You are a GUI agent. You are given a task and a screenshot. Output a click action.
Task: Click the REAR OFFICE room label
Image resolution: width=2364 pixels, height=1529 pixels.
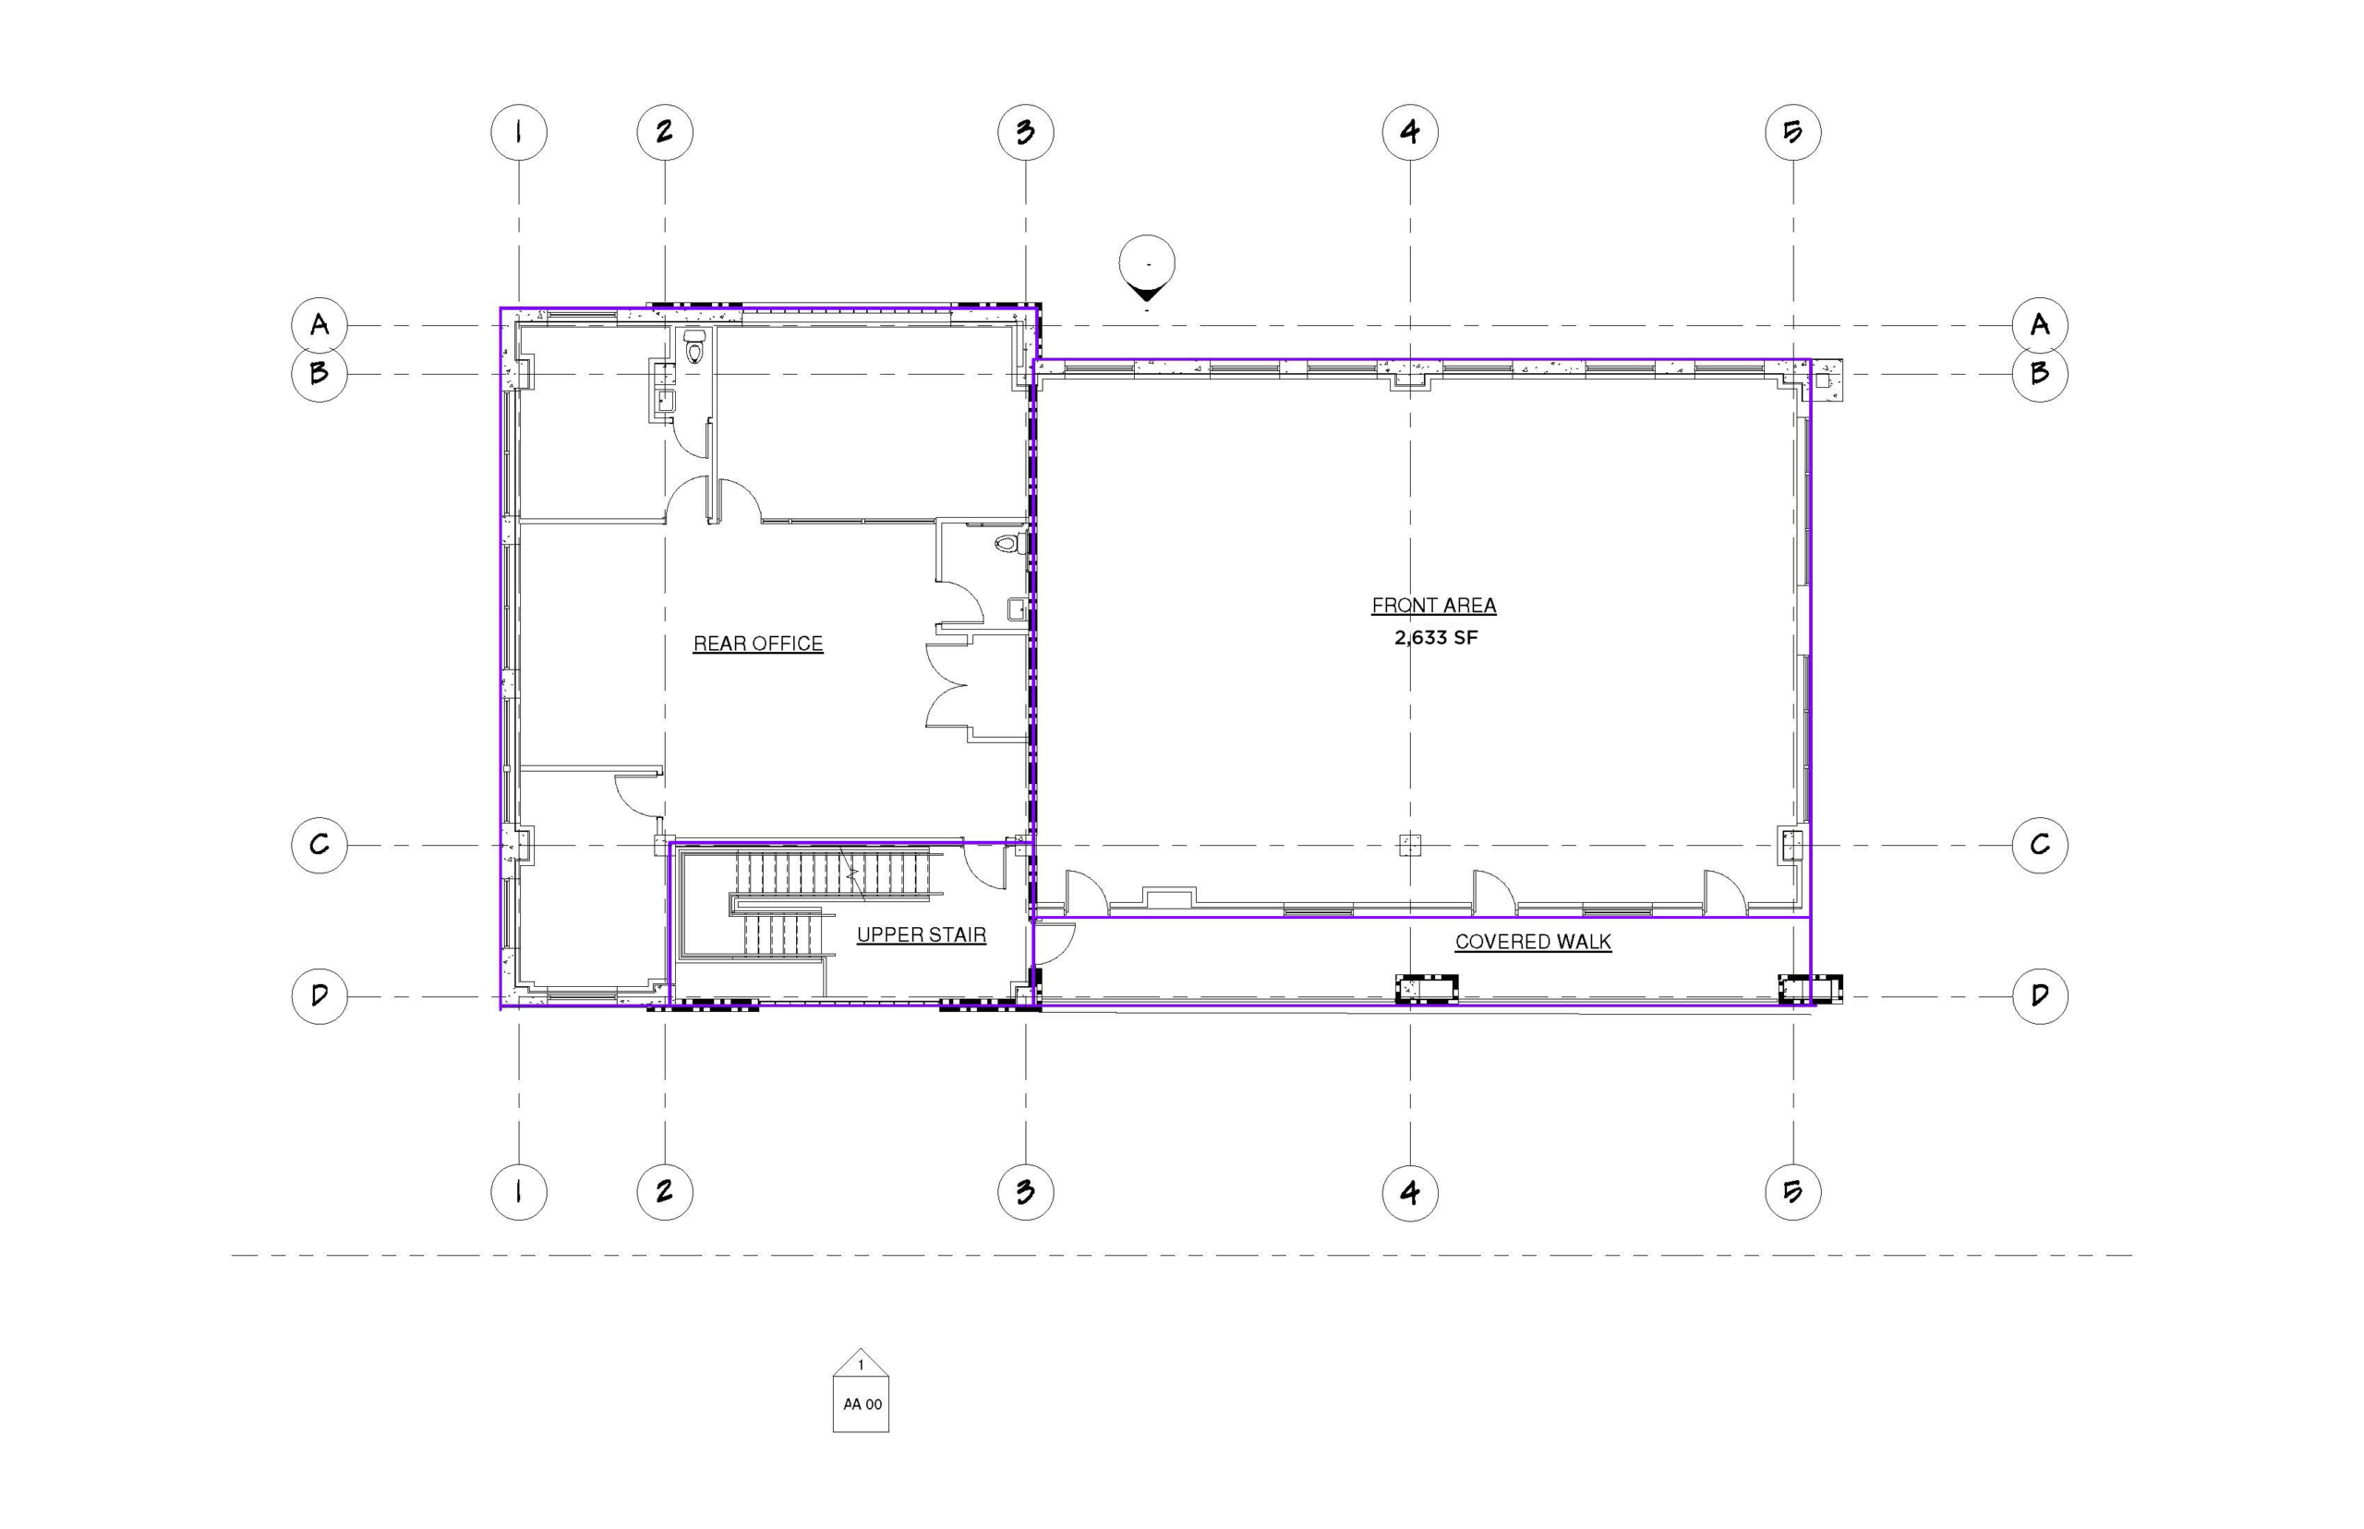(x=757, y=644)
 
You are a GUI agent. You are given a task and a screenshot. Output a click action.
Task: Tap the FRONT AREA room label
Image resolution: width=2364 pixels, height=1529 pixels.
(x=1434, y=605)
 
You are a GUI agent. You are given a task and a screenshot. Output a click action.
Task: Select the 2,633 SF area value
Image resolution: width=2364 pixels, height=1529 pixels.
(x=1436, y=637)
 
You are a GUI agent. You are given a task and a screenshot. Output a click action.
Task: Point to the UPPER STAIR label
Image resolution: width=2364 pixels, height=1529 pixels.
(x=922, y=934)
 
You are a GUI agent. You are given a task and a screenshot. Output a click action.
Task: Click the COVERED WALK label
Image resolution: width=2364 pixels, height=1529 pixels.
(x=1533, y=941)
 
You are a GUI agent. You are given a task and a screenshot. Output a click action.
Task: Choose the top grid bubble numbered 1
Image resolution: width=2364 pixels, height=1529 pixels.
(x=519, y=132)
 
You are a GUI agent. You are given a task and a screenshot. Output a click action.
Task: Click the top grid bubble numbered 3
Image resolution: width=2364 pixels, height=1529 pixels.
(x=1026, y=132)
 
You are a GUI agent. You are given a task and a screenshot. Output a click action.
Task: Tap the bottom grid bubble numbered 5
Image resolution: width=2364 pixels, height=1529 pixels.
(x=1793, y=1191)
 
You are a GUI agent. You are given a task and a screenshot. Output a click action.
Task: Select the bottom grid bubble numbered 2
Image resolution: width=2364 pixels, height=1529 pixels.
(x=665, y=1191)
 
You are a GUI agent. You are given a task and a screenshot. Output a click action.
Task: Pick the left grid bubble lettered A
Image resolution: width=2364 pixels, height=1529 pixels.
(x=320, y=325)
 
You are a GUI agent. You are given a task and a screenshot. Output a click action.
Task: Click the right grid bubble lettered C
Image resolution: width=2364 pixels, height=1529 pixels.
(x=2040, y=845)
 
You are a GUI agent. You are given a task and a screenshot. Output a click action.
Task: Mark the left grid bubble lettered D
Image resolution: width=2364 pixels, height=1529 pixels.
(x=320, y=996)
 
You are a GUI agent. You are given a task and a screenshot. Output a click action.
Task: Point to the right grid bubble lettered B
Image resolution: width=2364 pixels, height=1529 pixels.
(x=2040, y=373)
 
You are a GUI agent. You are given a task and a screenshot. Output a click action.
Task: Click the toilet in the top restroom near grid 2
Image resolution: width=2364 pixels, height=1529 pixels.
(x=694, y=347)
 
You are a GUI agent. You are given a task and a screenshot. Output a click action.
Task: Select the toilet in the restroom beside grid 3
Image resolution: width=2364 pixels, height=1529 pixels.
(x=1008, y=544)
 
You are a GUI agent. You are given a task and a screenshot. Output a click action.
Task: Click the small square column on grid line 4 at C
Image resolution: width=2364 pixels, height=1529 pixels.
(x=1410, y=845)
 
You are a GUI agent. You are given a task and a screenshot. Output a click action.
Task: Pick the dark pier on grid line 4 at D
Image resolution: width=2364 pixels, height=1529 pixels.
(x=1427, y=989)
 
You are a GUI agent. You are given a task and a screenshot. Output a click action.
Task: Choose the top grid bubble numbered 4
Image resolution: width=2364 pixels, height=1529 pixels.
(x=1410, y=132)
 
